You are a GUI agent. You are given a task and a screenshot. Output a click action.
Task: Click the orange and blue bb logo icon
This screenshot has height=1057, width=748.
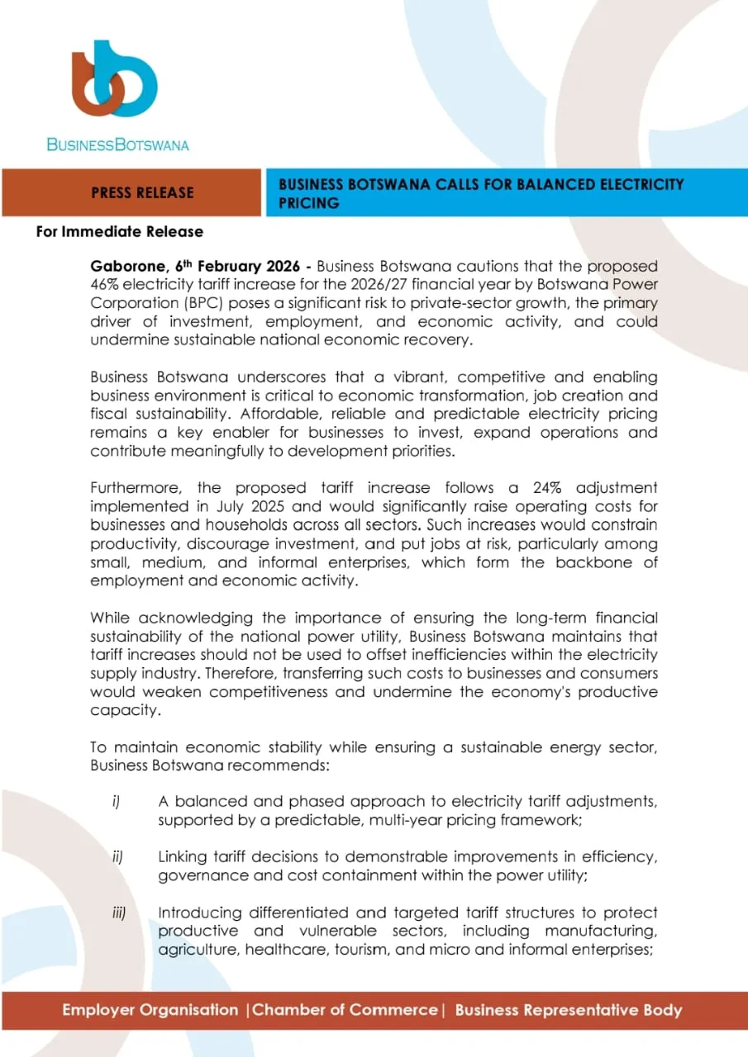pos(114,81)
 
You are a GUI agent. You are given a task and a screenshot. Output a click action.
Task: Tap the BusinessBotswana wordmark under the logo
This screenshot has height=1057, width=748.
pos(117,145)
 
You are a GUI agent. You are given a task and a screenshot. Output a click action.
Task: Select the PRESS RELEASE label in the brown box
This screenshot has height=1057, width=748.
pos(142,192)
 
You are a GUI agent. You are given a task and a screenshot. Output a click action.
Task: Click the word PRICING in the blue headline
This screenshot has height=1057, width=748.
pos(308,203)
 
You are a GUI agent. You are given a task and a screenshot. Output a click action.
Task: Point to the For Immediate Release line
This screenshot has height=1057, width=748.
pos(120,232)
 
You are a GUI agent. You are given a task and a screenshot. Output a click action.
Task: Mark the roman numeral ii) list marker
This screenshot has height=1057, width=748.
pos(118,857)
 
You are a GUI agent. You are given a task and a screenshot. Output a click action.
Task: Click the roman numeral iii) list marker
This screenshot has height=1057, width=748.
pos(120,913)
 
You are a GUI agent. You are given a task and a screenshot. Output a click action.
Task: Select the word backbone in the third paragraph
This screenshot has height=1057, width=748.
pos(592,562)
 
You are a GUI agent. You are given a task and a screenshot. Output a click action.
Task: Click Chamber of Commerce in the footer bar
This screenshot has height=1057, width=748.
pos(345,1010)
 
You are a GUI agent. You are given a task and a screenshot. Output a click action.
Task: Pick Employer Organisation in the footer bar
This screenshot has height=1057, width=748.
pos(150,1010)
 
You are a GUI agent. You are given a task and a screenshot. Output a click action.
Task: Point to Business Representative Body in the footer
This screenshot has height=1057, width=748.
pos(569,1010)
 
